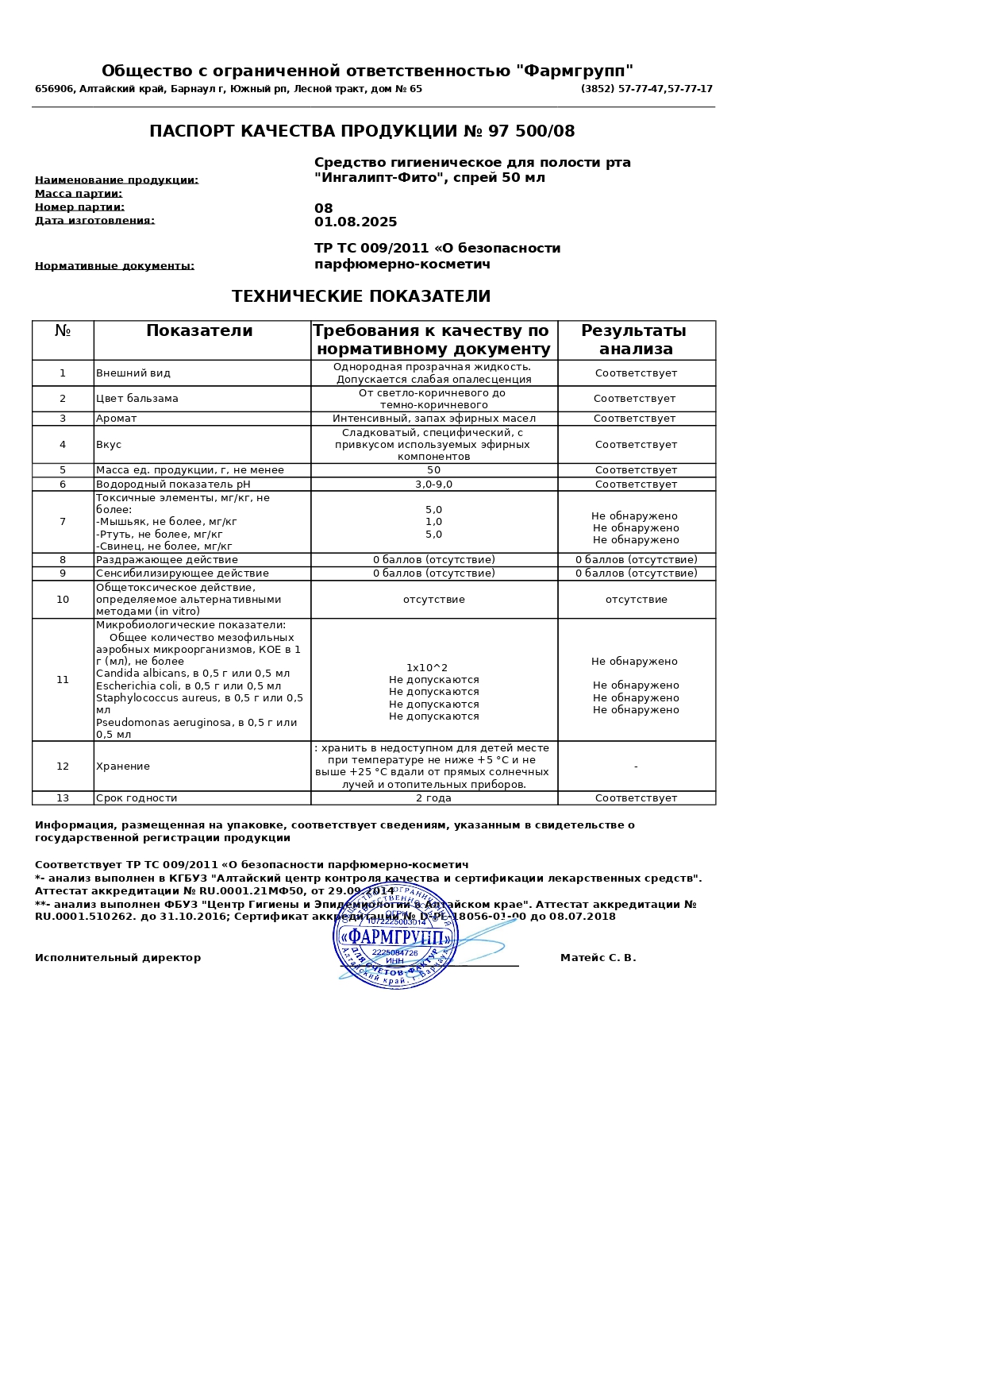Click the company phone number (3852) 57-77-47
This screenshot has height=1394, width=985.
(x=646, y=89)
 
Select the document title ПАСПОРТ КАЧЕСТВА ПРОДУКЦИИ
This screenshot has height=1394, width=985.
(x=362, y=132)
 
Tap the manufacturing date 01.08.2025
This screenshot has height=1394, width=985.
(x=356, y=222)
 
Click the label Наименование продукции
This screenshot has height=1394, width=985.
(x=117, y=180)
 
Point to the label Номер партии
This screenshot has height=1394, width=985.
(x=79, y=207)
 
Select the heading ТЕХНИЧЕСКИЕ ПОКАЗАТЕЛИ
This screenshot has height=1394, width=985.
(x=361, y=297)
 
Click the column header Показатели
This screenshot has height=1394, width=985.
(x=199, y=331)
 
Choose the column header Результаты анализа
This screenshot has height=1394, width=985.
(x=635, y=340)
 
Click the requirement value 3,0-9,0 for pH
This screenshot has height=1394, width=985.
(x=433, y=485)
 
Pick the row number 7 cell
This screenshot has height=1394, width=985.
(x=63, y=522)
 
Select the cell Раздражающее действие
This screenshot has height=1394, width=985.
(x=167, y=560)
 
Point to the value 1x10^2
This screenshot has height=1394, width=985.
(x=427, y=668)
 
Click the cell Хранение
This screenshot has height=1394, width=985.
(x=123, y=767)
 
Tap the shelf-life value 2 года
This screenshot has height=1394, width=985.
(x=433, y=798)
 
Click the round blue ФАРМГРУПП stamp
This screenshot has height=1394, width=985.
(x=395, y=936)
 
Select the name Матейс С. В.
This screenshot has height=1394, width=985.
(x=598, y=958)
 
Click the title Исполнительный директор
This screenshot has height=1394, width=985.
(x=117, y=958)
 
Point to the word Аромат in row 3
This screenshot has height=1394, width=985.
(x=116, y=419)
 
